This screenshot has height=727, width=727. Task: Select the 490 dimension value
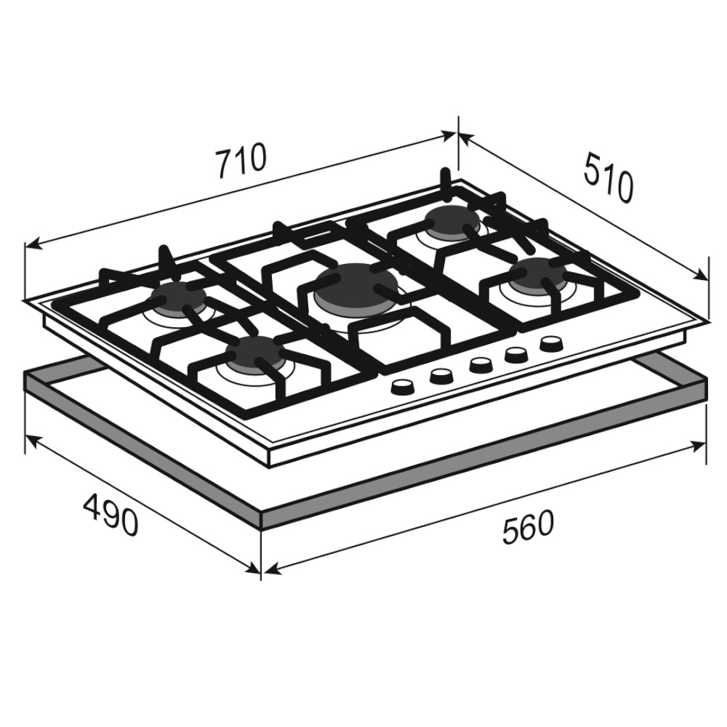[x=111, y=515]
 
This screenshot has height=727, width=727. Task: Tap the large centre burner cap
[x=356, y=283]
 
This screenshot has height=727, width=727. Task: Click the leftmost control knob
[x=403, y=387]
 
